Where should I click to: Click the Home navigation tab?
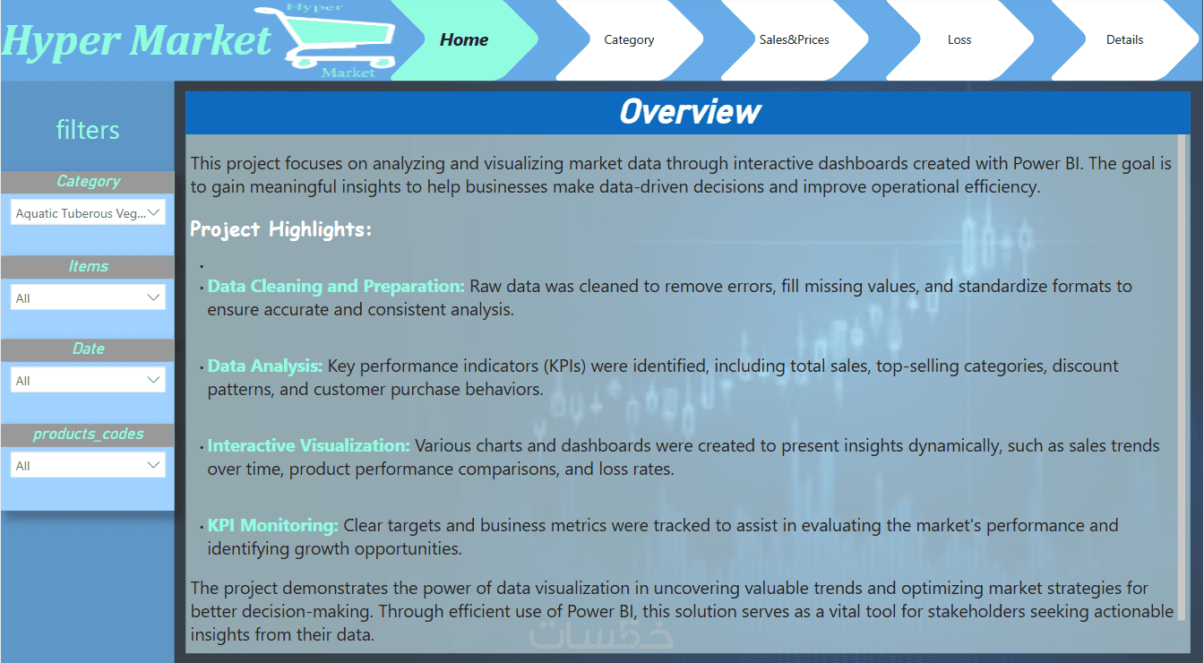pyautogui.click(x=464, y=39)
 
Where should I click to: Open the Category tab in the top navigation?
pyautogui.click(x=629, y=39)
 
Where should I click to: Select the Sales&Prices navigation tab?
pyautogui.click(x=794, y=39)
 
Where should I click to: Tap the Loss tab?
pyautogui.click(x=959, y=39)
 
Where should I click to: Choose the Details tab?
pyautogui.click(x=1124, y=39)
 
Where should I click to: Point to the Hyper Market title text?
pyautogui.click(x=136, y=41)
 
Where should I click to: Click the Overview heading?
pyautogui.click(x=690, y=112)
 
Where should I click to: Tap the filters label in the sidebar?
pyautogui.click(x=88, y=130)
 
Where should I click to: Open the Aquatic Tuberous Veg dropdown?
pyautogui.click(x=88, y=213)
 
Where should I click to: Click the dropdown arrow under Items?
pyautogui.click(x=153, y=297)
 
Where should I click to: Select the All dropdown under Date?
pyautogui.click(x=88, y=380)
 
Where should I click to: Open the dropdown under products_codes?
pyautogui.click(x=88, y=465)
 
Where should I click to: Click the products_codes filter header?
pyautogui.click(x=88, y=435)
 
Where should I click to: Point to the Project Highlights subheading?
pyautogui.click(x=280, y=229)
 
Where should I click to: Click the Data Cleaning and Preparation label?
pyautogui.click(x=336, y=286)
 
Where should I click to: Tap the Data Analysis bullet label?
pyautogui.click(x=265, y=366)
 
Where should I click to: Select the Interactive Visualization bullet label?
pyautogui.click(x=308, y=445)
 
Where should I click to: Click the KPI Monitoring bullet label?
pyautogui.click(x=273, y=525)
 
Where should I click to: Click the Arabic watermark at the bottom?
pyautogui.click(x=601, y=634)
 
